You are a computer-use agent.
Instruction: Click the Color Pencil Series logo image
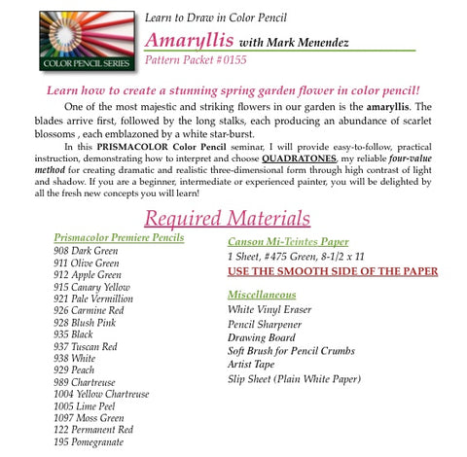65,40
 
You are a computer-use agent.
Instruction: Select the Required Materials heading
227,217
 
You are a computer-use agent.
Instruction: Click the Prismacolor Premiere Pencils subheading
120,238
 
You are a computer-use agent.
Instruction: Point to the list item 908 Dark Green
86,251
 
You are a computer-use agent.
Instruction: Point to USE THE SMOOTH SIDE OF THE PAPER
333,271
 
